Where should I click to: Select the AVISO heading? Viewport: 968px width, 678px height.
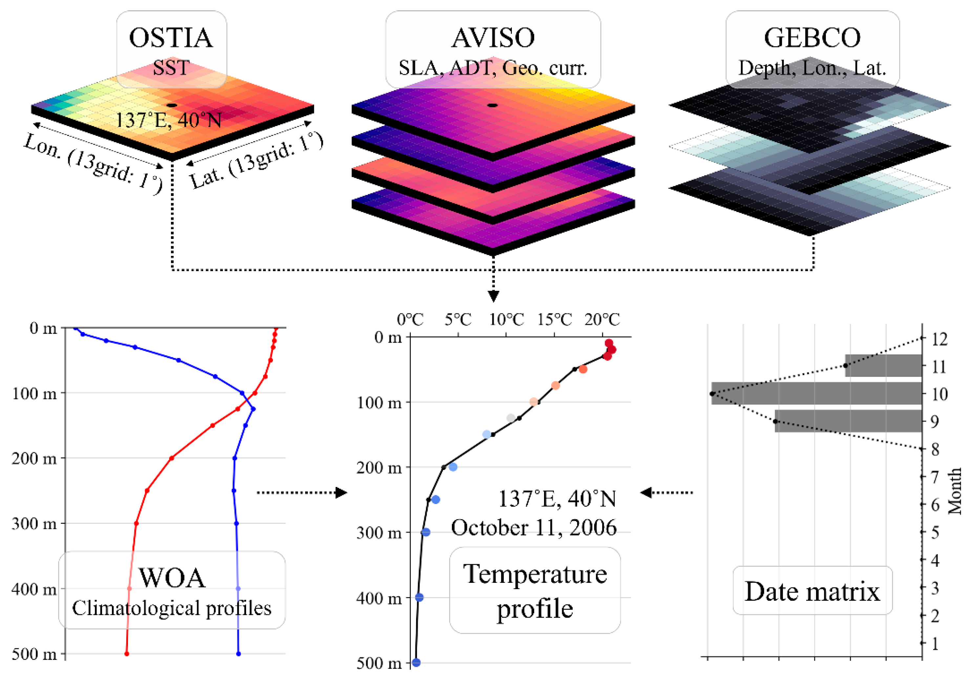tap(493, 38)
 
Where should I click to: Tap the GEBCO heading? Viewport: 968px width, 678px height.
tap(812, 38)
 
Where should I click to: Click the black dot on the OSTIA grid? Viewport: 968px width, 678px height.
tap(172, 105)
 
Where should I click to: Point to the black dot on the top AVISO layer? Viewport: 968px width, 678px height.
tap(493, 105)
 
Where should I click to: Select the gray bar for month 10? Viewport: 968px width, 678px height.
tap(816, 393)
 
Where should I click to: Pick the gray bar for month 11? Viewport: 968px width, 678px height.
tap(883, 366)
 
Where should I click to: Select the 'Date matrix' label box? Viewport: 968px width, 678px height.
tap(812, 591)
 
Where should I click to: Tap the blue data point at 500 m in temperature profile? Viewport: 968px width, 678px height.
tap(416, 662)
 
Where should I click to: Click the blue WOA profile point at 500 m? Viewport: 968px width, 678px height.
tap(238, 653)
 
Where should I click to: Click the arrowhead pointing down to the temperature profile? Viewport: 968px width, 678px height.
tap(493, 296)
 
